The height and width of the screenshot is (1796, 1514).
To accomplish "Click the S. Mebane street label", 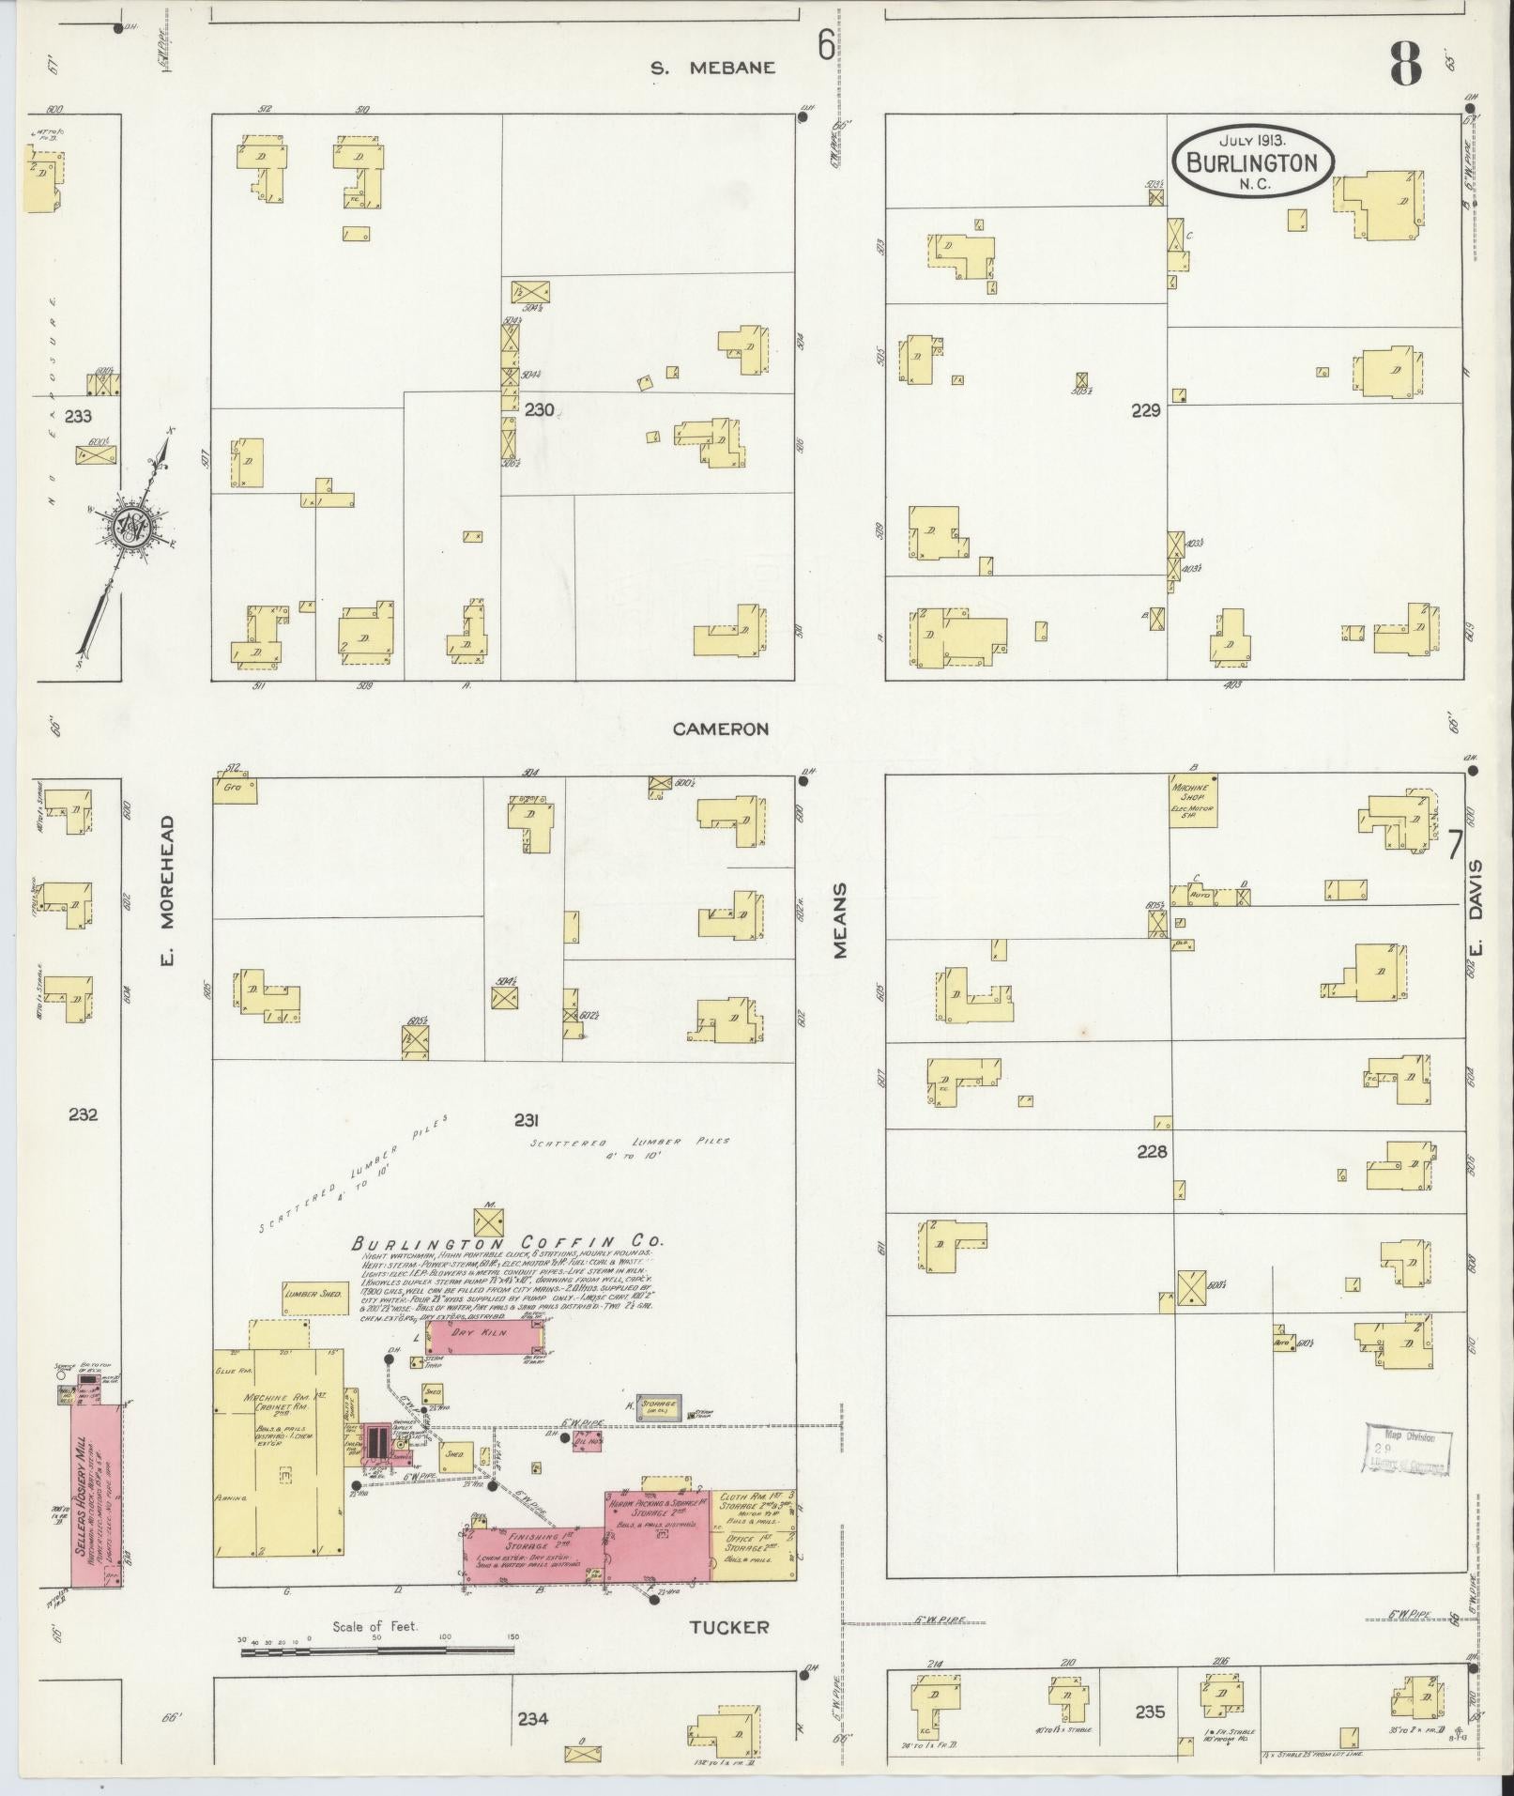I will click(x=714, y=68).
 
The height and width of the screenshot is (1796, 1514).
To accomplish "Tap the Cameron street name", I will click(x=721, y=729).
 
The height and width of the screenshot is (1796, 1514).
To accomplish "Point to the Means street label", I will click(x=840, y=919).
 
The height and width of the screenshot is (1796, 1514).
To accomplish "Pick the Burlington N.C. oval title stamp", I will click(x=1252, y=162).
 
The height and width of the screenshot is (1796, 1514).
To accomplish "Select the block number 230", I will click(x=540, y=409).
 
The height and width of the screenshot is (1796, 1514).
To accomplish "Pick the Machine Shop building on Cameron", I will click(x=1192, y=801).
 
